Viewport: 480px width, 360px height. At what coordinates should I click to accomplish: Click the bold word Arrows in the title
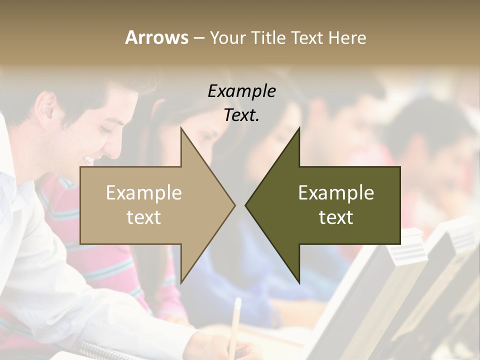(156, 37)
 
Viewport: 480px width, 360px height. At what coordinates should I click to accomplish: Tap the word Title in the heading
(269, 37)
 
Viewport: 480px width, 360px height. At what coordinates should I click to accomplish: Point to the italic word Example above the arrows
(241, 91)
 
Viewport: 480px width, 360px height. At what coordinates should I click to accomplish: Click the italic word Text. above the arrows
(241, 115)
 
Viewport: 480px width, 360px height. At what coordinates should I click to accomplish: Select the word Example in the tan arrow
(144, 193)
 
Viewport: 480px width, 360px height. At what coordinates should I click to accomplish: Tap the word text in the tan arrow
(144, 217)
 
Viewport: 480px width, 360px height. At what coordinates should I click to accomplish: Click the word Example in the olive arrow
(336, 193)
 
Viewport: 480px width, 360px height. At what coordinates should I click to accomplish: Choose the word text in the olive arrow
(336, 217)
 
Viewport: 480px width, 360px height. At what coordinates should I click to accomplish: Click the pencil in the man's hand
(234, 320)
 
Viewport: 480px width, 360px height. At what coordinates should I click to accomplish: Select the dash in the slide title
(198, 38)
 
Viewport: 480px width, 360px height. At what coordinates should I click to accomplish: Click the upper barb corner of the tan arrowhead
(181, 128)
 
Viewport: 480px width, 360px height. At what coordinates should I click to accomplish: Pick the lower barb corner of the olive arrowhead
(299, 282)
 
